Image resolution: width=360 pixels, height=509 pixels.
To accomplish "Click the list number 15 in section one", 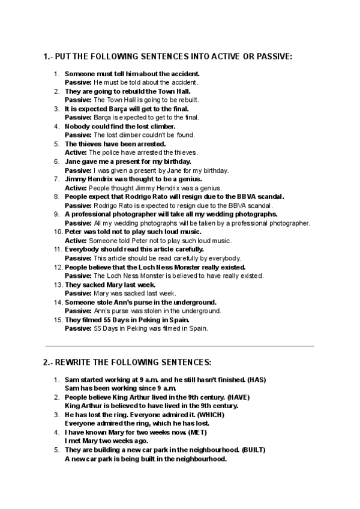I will coord(58,320).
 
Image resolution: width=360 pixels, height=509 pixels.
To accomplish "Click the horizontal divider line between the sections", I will coord(179,346).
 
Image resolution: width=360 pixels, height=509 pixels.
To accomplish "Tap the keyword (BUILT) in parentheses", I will coord(254,450).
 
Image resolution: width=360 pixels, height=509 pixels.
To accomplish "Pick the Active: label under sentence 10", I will coord(76,241).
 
